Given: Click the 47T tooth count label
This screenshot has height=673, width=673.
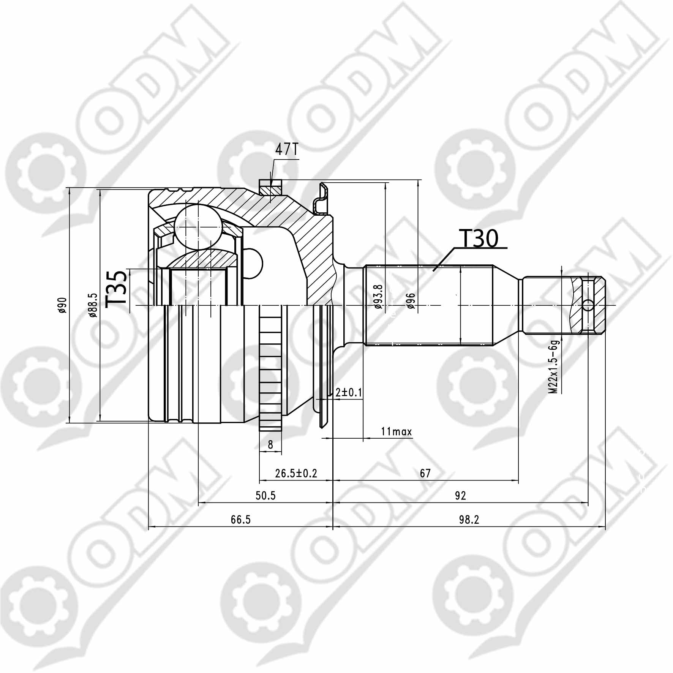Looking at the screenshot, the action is (x=287, y=150).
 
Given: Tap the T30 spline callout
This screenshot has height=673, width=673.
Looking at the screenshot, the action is (x=479, y=239).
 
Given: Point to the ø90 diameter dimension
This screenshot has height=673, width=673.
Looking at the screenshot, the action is (x=63, y=305).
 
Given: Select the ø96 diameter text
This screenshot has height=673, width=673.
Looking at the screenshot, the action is (x=410, y=302).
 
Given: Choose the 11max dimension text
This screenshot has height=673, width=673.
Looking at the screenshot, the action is (x=397, y=432).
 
